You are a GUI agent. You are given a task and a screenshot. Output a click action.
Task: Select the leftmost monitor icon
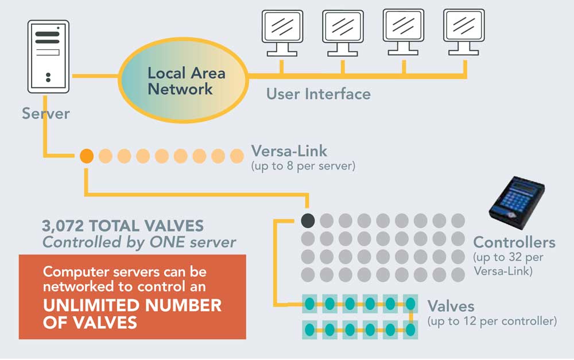[x=281, y=32]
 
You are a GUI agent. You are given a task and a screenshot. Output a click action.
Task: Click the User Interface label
[x=318, y=93]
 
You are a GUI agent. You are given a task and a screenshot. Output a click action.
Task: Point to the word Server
[x=45, y=113]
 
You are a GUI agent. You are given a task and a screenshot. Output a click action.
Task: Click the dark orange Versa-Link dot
[x=86, y=156]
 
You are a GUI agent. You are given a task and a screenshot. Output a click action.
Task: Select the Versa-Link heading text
[x=289, y=152]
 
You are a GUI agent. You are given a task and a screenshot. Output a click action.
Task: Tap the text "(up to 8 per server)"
[x=304, y=167]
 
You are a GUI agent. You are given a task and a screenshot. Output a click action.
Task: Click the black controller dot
[x=308, y=220]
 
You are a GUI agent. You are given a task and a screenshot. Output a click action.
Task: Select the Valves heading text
[x=451, y=305]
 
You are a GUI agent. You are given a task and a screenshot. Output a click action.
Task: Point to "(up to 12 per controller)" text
[x=492, y=320]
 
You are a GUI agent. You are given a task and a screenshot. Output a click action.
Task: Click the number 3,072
[x=63, y=226]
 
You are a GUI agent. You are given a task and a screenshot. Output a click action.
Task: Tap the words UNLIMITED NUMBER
[x=132, y=305]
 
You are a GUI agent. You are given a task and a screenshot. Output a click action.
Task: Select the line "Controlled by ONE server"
[x=139, y=242]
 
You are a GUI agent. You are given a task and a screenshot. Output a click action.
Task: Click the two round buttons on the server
[x=48, y=76]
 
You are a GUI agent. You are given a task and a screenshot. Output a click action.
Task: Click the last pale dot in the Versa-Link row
[x=236, y=156]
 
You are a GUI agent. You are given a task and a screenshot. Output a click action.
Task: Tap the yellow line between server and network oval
[x=95, y=75]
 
